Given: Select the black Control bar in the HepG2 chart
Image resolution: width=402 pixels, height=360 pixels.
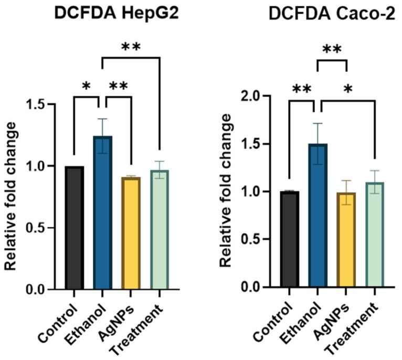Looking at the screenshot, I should coord(75,228).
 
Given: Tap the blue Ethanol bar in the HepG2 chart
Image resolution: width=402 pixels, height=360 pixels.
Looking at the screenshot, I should coord(103,213).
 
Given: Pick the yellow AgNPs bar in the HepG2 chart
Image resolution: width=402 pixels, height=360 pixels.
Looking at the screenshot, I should coord(131,234).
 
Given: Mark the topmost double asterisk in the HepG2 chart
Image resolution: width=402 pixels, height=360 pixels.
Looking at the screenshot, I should coord(131,47).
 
